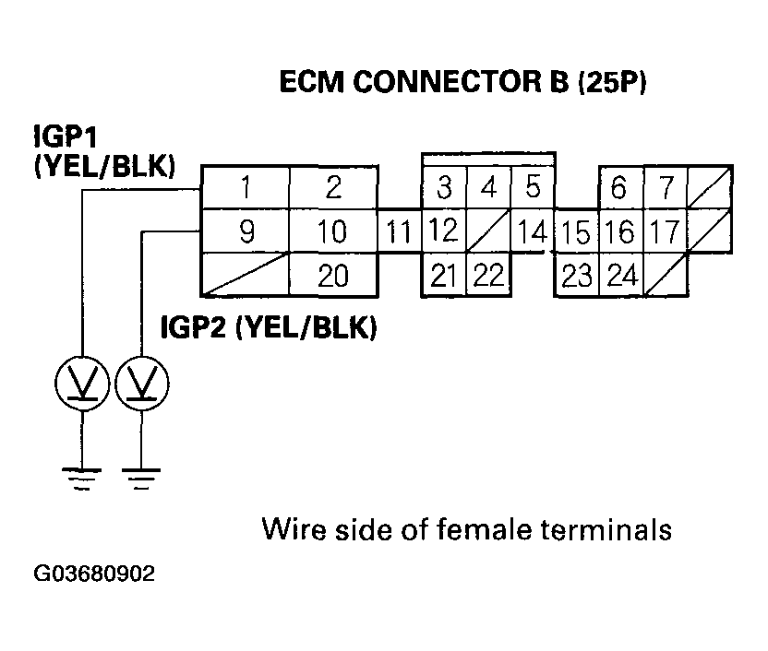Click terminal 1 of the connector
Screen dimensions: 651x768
point(246,188)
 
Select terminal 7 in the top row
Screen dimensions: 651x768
point(664,188)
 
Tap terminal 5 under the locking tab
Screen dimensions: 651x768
point(533,188)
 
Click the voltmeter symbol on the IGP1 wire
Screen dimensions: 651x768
point(82,381)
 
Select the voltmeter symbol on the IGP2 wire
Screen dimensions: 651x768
point(141,381)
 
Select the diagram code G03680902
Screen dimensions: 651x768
point(94,574)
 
